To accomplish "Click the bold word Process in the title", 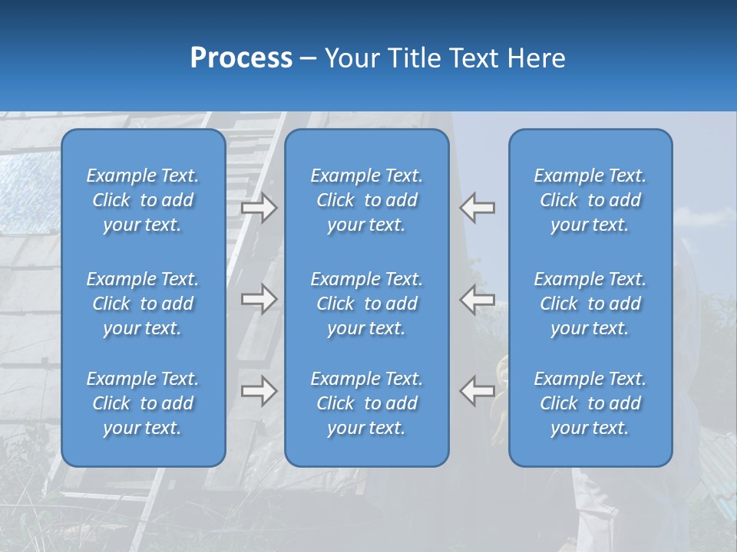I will [x=241, y=58].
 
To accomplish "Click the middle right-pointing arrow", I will [x=259, y=300].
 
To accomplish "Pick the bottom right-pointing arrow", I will [x=259, y=391].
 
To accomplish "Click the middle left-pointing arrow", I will [x=478, y=300].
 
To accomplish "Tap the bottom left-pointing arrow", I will [x=478, y=391].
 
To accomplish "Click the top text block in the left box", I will [x=143, y=200].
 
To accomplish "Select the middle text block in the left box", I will [x=143, y=304].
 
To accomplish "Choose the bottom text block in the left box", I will [x=143, y=403].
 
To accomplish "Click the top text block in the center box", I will [x=367, y=200].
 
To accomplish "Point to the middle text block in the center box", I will [x=367, y=304].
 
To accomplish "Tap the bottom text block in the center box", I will [x=367, y=403].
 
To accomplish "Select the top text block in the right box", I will [x=590, y=200].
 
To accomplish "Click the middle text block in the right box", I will [x=590, y=304].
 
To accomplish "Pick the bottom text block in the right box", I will [x=590, y=403].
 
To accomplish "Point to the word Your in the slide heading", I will [x=349, y=58].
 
